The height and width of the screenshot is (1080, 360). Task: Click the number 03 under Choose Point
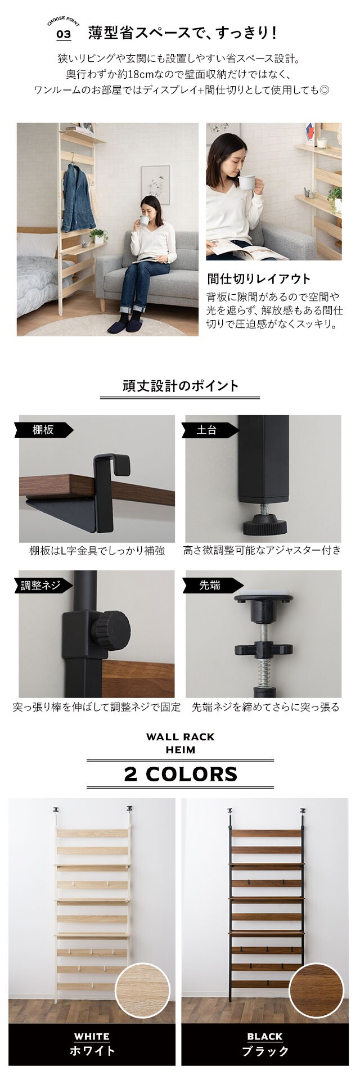coord(64,35)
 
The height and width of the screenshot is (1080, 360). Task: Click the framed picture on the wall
coord(155,186)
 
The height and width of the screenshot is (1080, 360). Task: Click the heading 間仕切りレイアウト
coord(259,278)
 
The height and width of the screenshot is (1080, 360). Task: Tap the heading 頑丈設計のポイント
coord(180,386)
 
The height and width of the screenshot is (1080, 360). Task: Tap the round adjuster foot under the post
coord(264,527)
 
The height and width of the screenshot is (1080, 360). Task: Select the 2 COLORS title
coord(181,774)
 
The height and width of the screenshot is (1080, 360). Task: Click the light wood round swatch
coord(143,991)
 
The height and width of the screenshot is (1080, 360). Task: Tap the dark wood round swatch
coord(316,991)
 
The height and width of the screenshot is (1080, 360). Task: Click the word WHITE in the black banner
coord(92,1037)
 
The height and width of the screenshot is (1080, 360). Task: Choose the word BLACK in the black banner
coord(265,1037)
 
